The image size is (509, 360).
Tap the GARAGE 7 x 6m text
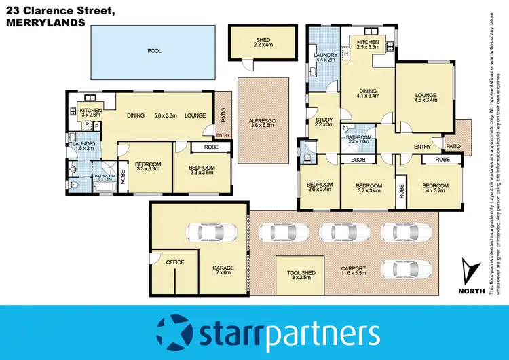pyautogui.click(x=223, y=270)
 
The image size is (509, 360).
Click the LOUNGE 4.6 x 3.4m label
pyautogui.click(x=425, y=97)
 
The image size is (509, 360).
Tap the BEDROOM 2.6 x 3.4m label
pyautogui.click(x=318, y=188)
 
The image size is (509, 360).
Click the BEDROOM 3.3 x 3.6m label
pyautogui.click(x=202, y=170)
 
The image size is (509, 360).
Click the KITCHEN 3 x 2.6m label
pyautogui.click(x=90, y=113)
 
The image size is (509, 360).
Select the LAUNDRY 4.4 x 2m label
pyautogui.click(x=322, y=56)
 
